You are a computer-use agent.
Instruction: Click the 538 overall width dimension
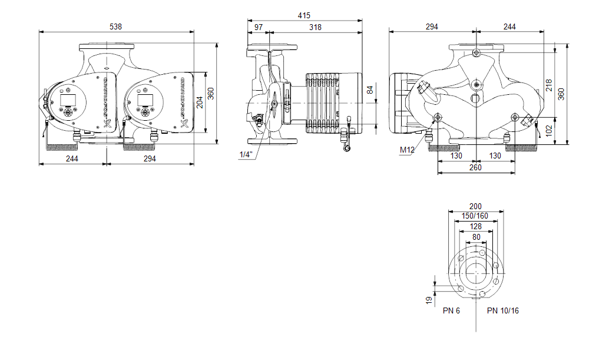tap(117, 26)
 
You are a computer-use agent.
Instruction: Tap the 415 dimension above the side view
tap(304, 16)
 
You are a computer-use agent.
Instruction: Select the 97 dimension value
tap(259, 27)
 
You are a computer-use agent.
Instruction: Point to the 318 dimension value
tap(315, 27)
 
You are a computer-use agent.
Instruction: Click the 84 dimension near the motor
tap(370, 90)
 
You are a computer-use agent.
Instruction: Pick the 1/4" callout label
tap(246, 154)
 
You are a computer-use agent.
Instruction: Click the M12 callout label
tap(407, 150)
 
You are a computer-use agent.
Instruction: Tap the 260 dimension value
tap(475, 168)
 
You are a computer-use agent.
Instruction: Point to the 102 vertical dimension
tap(548, 129)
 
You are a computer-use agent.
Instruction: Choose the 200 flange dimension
tap(476, 206)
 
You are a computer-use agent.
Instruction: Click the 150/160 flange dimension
tap(476, 216)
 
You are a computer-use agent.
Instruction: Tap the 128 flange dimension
tap(476, 227)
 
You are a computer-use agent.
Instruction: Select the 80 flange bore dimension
tap(476, 237)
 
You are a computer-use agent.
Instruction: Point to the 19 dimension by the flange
tap(428, 299)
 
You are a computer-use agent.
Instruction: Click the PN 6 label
tap(451, 311)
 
